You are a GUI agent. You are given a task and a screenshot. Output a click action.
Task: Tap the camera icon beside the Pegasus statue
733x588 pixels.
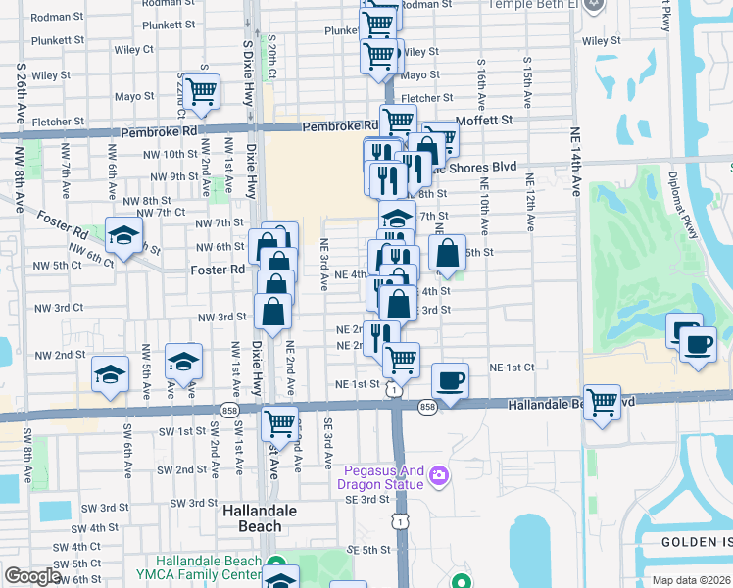(438, 475)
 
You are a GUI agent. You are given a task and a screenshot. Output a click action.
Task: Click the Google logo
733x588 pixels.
(32, 576)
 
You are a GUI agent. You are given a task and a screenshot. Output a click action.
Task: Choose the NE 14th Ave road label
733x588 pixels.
(573, 162)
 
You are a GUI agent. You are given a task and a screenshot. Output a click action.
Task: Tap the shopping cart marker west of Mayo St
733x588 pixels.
(201, 91)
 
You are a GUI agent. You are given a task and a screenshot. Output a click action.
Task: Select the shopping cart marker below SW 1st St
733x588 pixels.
(280, 423)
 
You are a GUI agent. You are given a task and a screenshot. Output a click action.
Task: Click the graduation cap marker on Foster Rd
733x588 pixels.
(123, 235)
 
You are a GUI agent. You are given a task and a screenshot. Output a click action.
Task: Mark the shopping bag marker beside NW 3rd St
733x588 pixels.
(272, 312)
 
